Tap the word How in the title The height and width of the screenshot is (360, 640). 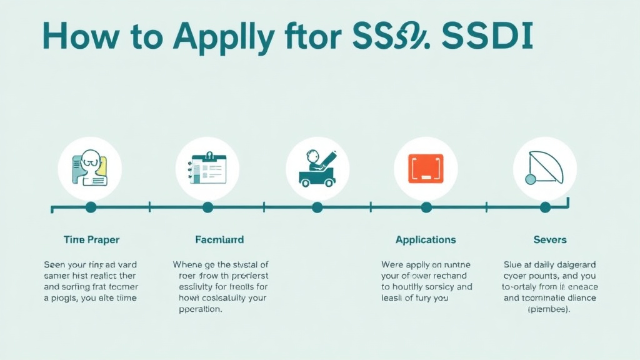coord(79,37)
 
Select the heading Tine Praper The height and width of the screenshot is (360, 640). coord(91,239)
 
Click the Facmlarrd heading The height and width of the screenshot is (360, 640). coord(219,239)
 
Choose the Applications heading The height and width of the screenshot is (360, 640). coord(426,239)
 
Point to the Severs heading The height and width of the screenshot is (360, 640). coord(550,239)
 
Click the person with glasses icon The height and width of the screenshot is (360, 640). coord(90,168)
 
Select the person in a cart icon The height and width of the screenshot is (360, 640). coord(317,168)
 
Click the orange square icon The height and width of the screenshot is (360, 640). coord(426,168)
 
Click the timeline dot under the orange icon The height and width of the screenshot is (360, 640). coord(426,207)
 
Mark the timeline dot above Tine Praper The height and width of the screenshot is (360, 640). coord(91,207)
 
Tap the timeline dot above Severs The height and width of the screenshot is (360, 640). coord(545,207)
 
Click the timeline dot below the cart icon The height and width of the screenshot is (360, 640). coord(317,207)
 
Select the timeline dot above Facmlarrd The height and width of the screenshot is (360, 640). coord(207,207)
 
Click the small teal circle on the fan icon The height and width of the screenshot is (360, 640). coord(531,179)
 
